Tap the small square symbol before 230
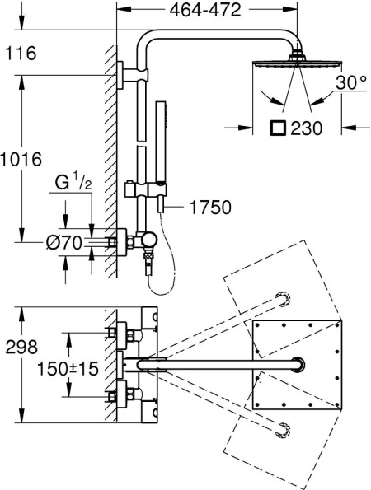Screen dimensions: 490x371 point(279,128)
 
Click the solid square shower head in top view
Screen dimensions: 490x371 point(295,365)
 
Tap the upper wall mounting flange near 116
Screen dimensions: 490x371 point(123,75)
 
